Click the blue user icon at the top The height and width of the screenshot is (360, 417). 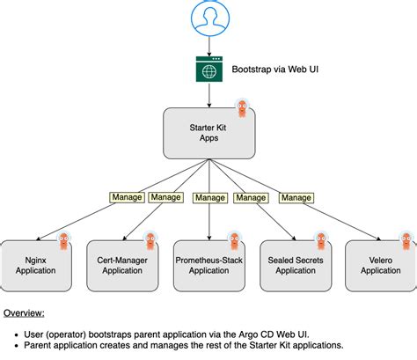point(208,18)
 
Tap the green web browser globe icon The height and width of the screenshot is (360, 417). point(208,69)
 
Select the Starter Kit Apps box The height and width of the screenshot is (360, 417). point(208,132)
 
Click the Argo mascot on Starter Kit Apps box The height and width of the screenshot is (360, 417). point(244,109)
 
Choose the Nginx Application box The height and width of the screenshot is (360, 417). point(36,265)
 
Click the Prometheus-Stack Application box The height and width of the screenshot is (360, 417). point(208,265)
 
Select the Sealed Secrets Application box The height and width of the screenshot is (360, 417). point(296,265)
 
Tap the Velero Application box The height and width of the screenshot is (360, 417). point(380,265)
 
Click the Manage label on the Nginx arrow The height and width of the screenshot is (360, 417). point(126,198)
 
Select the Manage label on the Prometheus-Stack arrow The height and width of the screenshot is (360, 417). point(208,198)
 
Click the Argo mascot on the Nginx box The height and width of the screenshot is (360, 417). point(64,240)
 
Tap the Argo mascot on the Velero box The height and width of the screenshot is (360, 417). point(406,240)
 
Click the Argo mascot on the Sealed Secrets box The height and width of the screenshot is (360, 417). point(321,240)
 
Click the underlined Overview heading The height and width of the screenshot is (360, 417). point(25,313)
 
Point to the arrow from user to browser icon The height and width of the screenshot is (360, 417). point(208,45)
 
